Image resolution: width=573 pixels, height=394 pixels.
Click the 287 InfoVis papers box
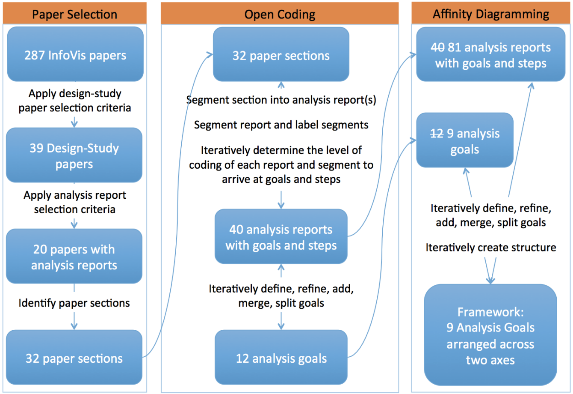[x=75, y=54]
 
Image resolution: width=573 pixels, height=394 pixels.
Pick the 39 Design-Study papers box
[x=74, y=155]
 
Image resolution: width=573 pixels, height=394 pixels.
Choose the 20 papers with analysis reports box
[x=74, y=256]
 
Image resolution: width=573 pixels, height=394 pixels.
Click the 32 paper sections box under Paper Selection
[x=74, y=357]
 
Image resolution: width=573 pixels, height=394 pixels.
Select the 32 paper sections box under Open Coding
[x=281, y=54]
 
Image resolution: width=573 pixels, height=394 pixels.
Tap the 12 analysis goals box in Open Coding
[x=281, y=357]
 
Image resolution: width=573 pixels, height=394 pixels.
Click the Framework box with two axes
[x=490, y=335]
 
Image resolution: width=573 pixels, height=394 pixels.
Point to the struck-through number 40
[x=437, y=48]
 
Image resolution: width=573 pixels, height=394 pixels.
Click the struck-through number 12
[x=437, y=134]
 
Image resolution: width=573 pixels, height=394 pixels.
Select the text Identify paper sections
[x=74, y=303]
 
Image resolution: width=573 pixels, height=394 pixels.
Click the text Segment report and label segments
[x=281, y=125]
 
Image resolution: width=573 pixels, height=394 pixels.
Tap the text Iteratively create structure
[x=491, y=248]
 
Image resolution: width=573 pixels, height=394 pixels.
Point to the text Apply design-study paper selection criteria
[x=75, y=100]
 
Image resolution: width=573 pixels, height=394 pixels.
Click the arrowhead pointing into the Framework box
[x=490, y=281]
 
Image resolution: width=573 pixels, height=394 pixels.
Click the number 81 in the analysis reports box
[x=455, y=48]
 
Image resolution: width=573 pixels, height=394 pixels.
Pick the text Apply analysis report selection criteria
[x=75, y=202]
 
